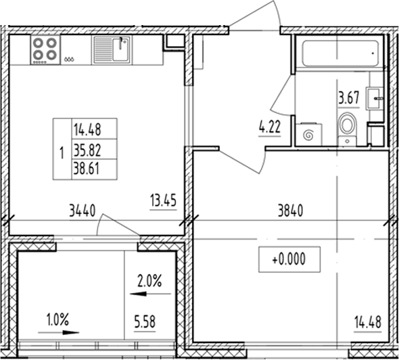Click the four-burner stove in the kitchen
45,49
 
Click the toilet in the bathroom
347,127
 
